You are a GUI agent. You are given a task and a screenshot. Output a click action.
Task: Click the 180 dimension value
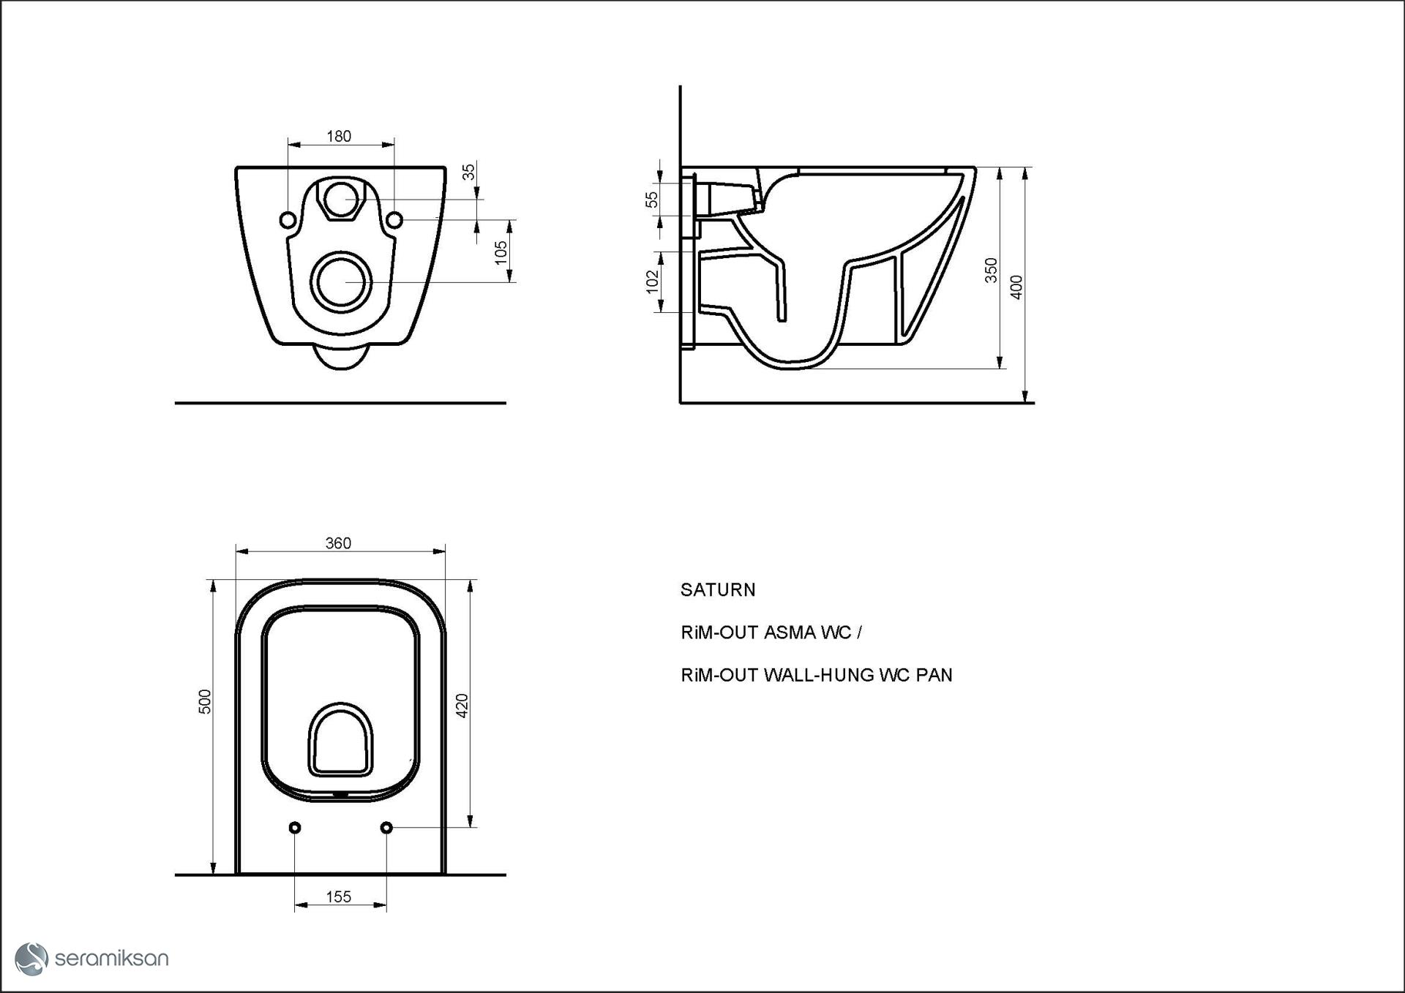[339, 137]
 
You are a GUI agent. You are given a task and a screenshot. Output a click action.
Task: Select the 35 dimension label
[469, 172]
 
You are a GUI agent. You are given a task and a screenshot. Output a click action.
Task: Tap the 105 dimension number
[501, 252]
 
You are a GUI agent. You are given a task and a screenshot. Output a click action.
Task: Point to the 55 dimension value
[652, 199]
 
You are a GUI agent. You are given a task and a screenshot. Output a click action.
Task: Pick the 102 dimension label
[653, 282]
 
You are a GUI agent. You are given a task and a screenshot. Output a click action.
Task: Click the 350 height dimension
[991, 270]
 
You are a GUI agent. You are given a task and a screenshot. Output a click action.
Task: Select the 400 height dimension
[1016, 287]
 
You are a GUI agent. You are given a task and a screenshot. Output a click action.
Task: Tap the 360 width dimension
[338, 543]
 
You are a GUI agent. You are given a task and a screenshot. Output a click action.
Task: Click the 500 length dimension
[206, 702]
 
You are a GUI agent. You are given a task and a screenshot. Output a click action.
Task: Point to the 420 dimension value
[462, 706]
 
